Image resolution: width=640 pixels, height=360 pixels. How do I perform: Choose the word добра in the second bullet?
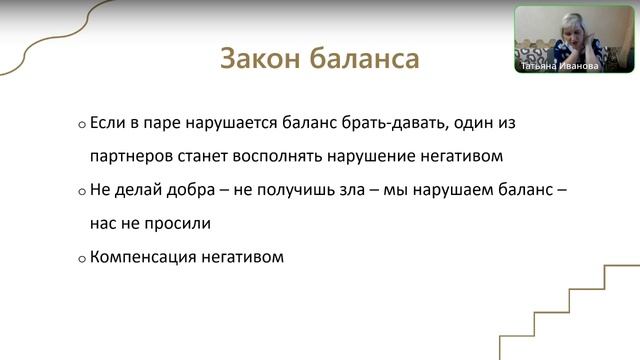point(185,190)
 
